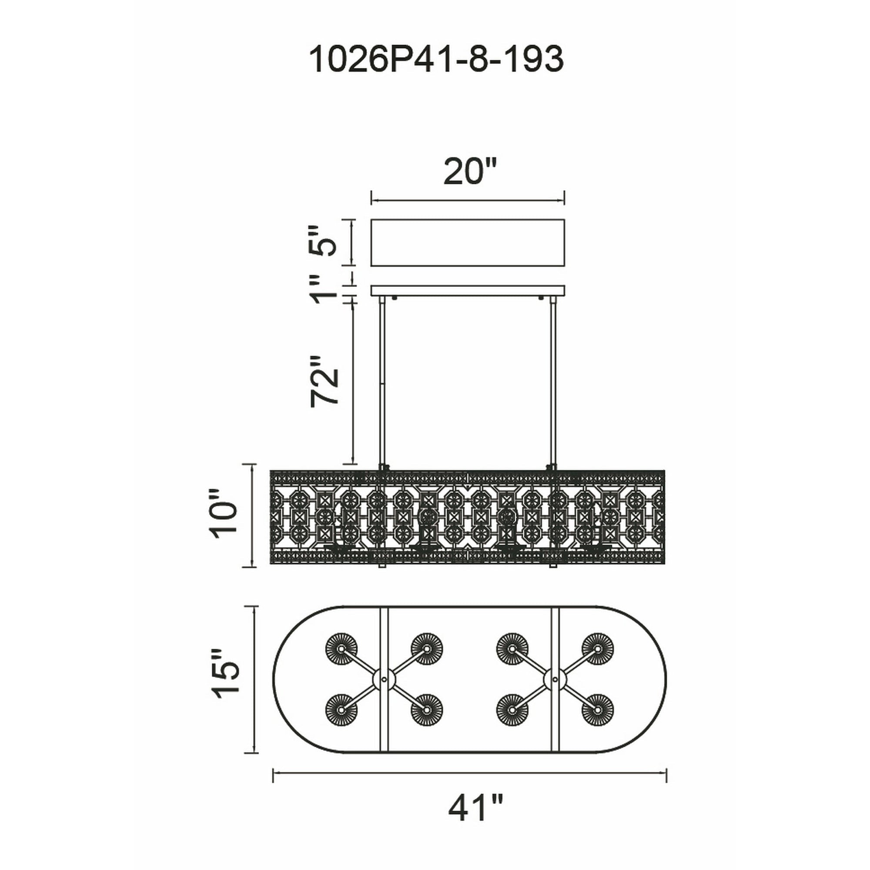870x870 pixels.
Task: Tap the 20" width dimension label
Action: (x=469, y=171)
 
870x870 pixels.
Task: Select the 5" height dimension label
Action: (x=324, y=241)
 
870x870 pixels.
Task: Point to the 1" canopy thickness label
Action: (x=324, y=289)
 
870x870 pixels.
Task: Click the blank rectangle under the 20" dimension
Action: (x=468, y=242)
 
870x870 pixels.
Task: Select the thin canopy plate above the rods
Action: (x=468, y=291)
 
